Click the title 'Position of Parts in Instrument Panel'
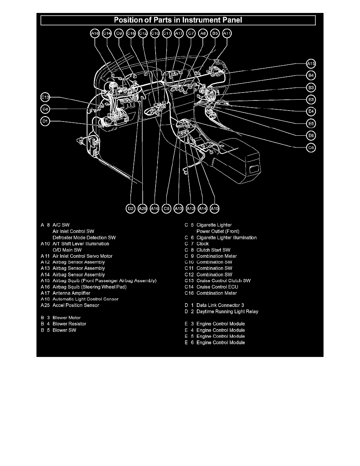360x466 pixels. coord(178,20)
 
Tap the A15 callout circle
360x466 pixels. coord(311,64)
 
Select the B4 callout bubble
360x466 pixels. coord(311,75)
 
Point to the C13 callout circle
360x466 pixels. coord(45,97)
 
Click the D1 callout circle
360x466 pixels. coord(45,122)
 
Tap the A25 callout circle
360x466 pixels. coord(143,209)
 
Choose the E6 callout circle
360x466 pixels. coord(311,135)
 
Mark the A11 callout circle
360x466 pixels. coord(227,34)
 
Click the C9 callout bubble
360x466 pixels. coord(119,34)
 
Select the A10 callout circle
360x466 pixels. coord(215,209)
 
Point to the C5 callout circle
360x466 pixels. coord(167,209)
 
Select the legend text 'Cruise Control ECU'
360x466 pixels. coord(215,287)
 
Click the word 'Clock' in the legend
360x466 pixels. coord(202,244)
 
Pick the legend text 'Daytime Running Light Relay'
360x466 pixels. coord(227,311)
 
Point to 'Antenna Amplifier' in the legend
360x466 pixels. coord(71,293)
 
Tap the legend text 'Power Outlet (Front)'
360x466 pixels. coord(218,231)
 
